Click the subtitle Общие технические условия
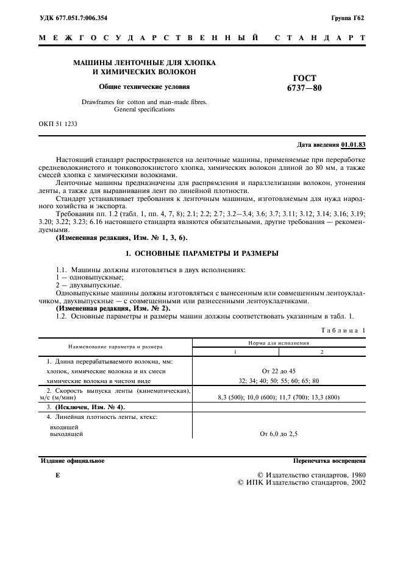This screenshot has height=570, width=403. click(x=144, y=86)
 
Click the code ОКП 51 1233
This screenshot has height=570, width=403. click(x=59, y=124)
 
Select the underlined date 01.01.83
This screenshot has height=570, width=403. click(x=353, y=144)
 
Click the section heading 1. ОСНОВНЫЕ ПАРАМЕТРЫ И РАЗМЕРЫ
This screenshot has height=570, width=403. click(x=201, y=253)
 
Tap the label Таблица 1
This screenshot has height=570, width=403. click(x=343, y=329)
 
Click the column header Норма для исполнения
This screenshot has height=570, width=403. click(x=278, y=343)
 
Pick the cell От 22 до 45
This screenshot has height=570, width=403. click(x=278, y=371)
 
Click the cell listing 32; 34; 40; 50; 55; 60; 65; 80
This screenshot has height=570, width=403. click(x=278, y=381)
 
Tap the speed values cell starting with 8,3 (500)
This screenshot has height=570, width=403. click(x=278, y=397)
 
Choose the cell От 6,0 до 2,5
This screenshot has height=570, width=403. click(x=278, y=434)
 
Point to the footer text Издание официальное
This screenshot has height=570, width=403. click(x=72, y=461)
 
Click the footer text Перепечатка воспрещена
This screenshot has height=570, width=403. click(x=329, y=461)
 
